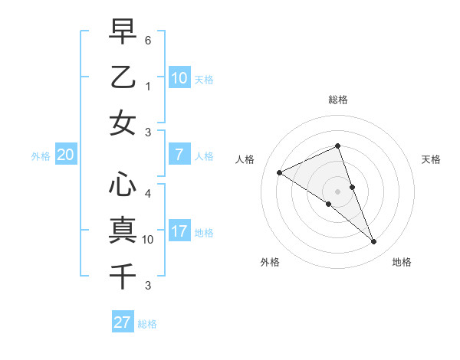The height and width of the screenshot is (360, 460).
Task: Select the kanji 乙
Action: point(123,77)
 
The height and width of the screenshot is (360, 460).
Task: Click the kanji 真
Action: point(123,230)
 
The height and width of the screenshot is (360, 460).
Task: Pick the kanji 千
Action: point(123,274)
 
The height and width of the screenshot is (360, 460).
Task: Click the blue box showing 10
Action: point(179,78)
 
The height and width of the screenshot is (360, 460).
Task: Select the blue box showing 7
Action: point(179,155)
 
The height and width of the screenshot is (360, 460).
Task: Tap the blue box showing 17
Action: point(179,231)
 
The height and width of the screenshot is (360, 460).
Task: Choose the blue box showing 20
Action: point(66,155)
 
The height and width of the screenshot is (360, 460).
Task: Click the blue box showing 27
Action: point(123,322)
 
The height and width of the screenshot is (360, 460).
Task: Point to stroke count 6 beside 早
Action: point(148,39)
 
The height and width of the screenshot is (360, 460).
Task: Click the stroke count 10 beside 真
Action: point(148,240)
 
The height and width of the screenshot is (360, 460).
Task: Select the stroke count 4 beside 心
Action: point(148,193)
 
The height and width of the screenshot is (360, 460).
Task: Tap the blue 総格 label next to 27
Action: point(148,324)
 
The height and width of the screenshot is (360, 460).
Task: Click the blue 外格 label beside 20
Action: point(41,156)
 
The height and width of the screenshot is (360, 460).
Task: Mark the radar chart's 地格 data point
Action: point(374,242)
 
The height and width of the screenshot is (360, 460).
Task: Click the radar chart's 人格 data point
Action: point(279,172)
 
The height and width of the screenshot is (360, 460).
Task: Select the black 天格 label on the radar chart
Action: point(431,159)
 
